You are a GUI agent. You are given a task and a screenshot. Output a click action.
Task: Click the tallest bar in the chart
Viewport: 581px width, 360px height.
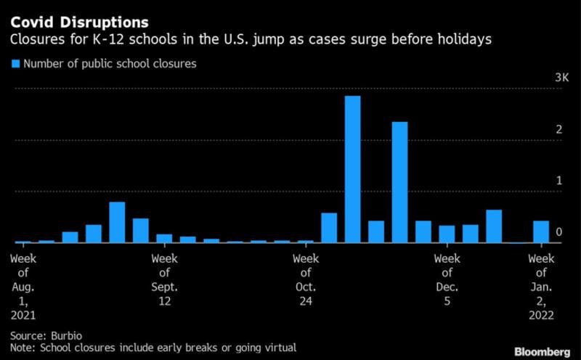[x=352, y=168]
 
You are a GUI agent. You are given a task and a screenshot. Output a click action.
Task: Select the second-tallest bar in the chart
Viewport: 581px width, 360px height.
[x=399, y=181]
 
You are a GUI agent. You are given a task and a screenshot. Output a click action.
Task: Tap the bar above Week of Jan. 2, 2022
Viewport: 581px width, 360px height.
[x=541, y=232]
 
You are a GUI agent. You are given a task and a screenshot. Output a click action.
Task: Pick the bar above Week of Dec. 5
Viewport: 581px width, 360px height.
[x=447, y=234]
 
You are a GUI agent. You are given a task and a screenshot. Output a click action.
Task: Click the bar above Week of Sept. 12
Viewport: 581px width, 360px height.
[x=164, y=238]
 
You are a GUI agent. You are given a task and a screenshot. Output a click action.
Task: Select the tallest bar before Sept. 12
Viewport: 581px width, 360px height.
[x=117, y=222]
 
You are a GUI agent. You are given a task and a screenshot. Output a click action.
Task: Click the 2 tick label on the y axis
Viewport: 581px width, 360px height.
[x=559, y=129]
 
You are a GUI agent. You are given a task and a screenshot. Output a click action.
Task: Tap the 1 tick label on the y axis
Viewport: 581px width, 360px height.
[x=559, y=181]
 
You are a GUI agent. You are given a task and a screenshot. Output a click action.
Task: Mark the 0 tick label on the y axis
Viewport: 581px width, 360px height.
[x=559, y=232]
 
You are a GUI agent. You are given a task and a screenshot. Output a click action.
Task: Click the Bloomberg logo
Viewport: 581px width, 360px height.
[x=542, y=351]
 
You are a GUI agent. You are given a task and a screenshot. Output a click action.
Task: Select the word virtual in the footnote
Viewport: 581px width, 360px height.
[x=282, y=348]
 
